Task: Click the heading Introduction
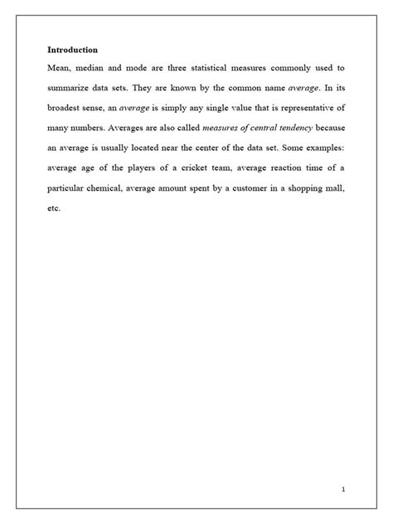pyautogui.click(x=72, y=50)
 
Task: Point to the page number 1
pyautogui.click(x=342, y=490)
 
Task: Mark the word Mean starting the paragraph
pyautogui.click(x=60, y=68)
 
